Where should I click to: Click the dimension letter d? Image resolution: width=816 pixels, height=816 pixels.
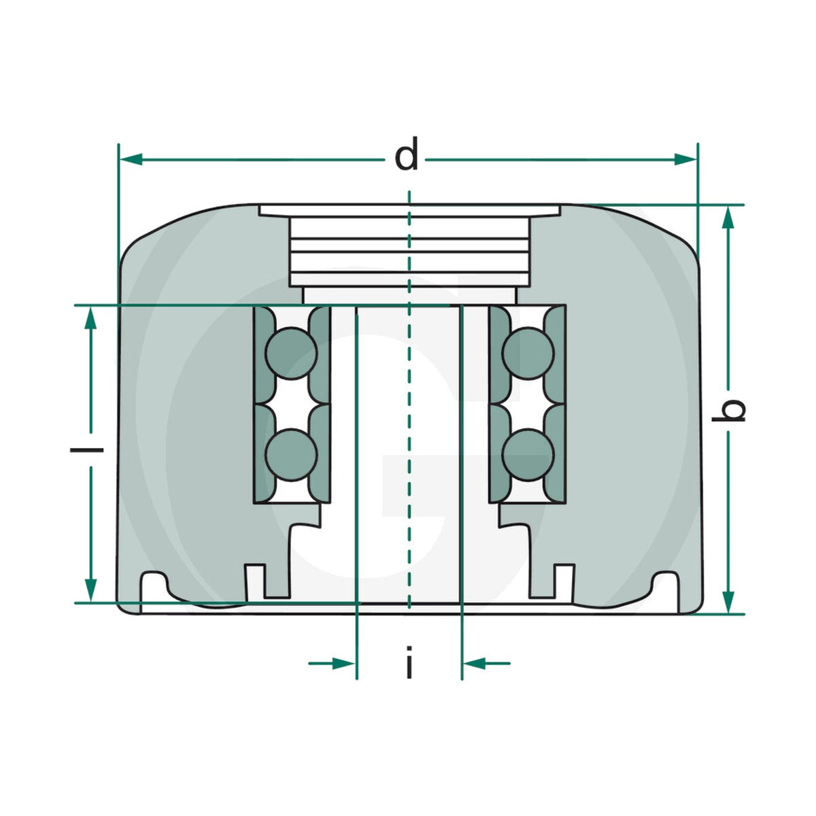[x=406, y=153]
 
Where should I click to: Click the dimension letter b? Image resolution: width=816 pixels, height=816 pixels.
[x=728, y=410]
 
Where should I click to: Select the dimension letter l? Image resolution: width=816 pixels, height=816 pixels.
[x=86, y=449]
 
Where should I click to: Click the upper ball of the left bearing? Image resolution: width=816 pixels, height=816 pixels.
[x=291, y=353]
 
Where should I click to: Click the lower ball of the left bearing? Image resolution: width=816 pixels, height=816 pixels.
[x=291, y=455]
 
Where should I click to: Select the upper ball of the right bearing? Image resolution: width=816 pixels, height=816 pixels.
[x=528, y=353]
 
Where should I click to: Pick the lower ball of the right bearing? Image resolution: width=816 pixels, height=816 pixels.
[x=528, y=455]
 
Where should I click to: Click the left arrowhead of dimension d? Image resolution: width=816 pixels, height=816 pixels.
[x=131, y=160]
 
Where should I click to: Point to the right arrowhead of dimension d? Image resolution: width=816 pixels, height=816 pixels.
[x=685, y=160]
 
